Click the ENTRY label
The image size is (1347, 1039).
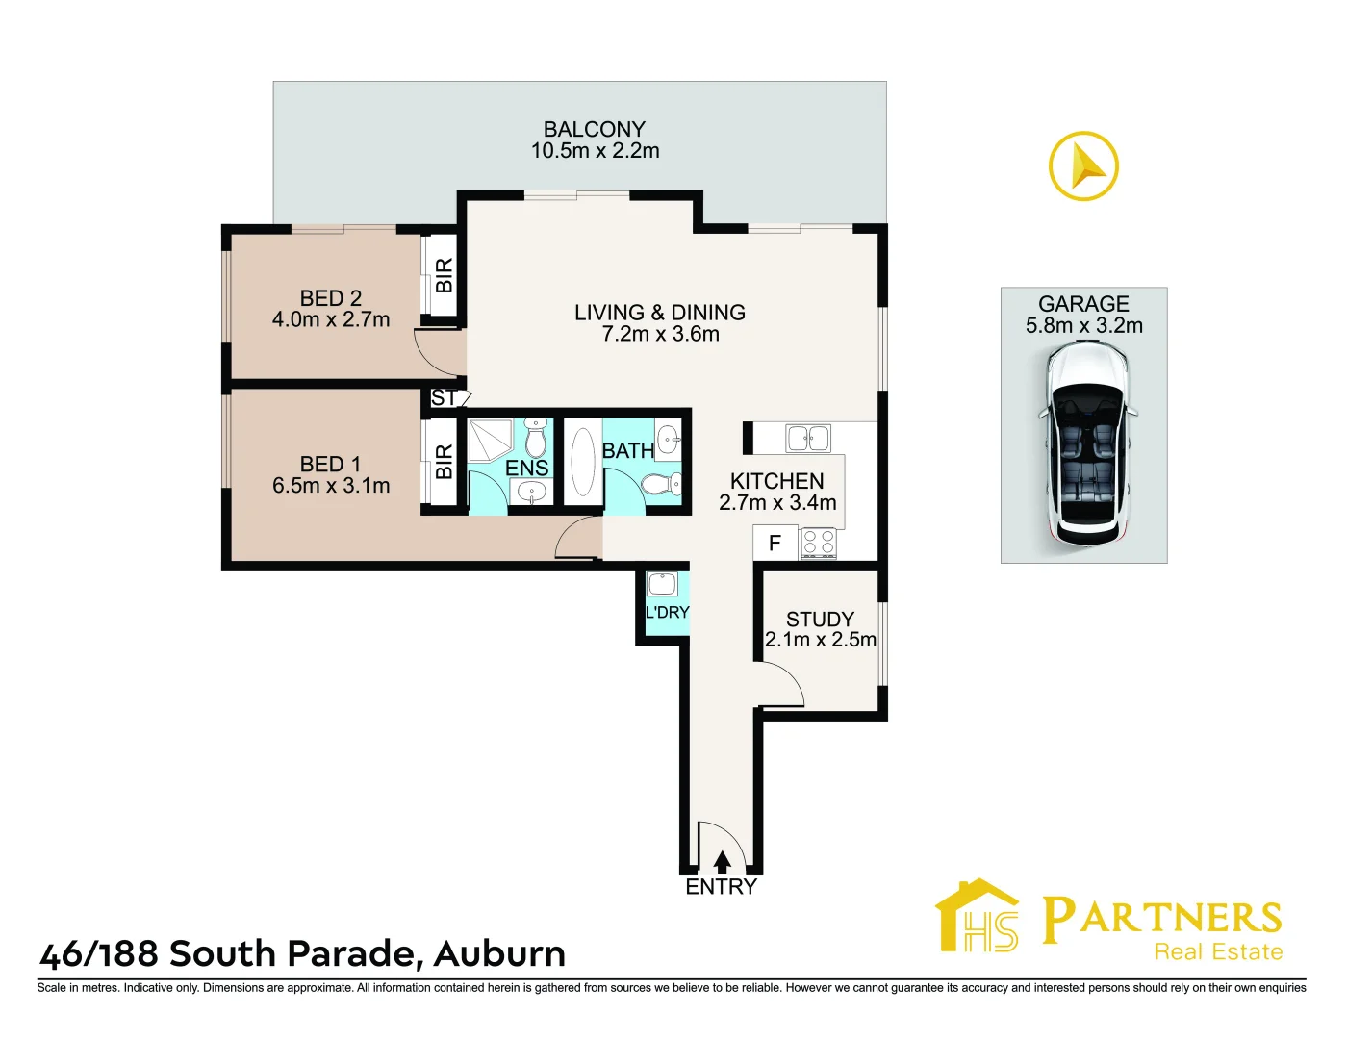pos(721,887)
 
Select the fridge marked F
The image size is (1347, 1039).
pos(775,544)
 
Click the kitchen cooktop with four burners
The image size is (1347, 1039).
pos(818,544)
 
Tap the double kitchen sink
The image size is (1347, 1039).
pos(808,439)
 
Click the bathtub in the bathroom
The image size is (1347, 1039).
pos(583,462)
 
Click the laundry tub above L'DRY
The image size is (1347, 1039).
pos(663,584)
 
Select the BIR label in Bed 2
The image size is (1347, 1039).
pos(444,276)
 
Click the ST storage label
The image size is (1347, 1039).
pos(444,397)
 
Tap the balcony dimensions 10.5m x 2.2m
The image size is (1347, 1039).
pos(595,151)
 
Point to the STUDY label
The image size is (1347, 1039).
pos(820,619)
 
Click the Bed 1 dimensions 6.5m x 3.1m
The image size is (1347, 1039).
pos(331,486)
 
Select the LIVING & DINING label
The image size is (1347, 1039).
pos(660,313)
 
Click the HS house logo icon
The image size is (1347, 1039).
pos(977,918)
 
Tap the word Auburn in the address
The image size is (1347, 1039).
pos(499,954)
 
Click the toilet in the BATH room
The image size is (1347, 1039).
pos(662,484)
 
